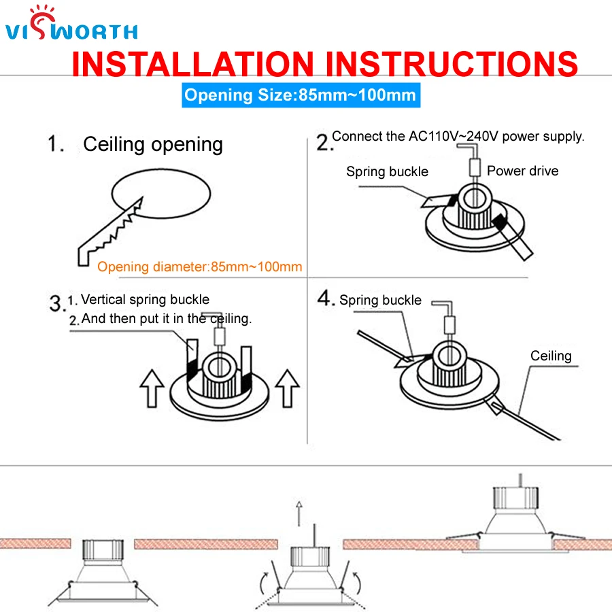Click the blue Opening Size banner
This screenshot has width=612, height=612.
(300, 95)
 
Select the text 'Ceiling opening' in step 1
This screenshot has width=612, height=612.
(153, 144)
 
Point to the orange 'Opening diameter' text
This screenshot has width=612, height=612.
(199, 267)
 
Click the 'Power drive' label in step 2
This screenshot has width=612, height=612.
(522, 171)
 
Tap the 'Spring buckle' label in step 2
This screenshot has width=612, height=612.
(387, 171)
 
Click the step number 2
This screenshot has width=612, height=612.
(324, 142)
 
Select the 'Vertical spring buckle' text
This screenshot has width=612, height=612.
(145, 299)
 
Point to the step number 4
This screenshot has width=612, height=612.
(326, 299)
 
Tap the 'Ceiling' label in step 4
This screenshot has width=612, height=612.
(551, 356)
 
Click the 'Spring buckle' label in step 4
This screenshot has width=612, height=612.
(380, 300)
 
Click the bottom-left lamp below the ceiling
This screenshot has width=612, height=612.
(103, 571)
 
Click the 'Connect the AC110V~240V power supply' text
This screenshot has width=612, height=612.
(458, 136)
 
